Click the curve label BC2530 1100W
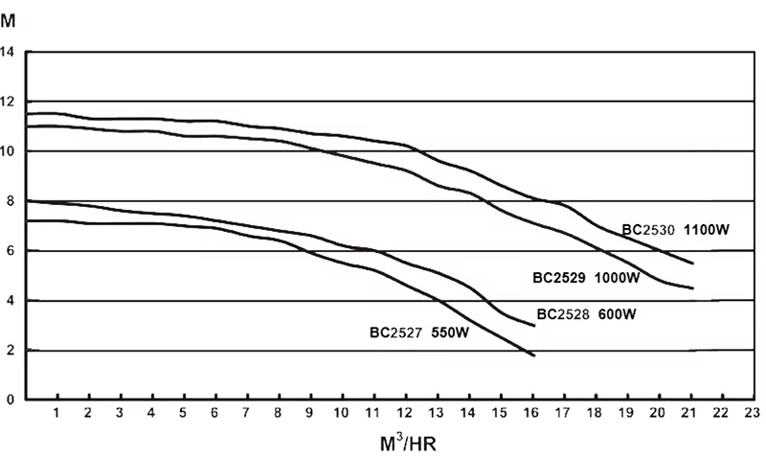pos(676,230)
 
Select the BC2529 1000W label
pos(586,278)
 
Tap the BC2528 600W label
pos(587,313)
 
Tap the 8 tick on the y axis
pos(10,201)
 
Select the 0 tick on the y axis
pos(10,401)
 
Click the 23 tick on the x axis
pos(752,413)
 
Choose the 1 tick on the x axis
pos(56,413)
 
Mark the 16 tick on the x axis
pos(530,413)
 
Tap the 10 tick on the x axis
pos(341,413)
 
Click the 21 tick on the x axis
pos(688,413)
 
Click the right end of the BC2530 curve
pos(692,263)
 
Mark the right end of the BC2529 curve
pos(692,287)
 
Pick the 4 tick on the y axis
pos(10,301)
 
